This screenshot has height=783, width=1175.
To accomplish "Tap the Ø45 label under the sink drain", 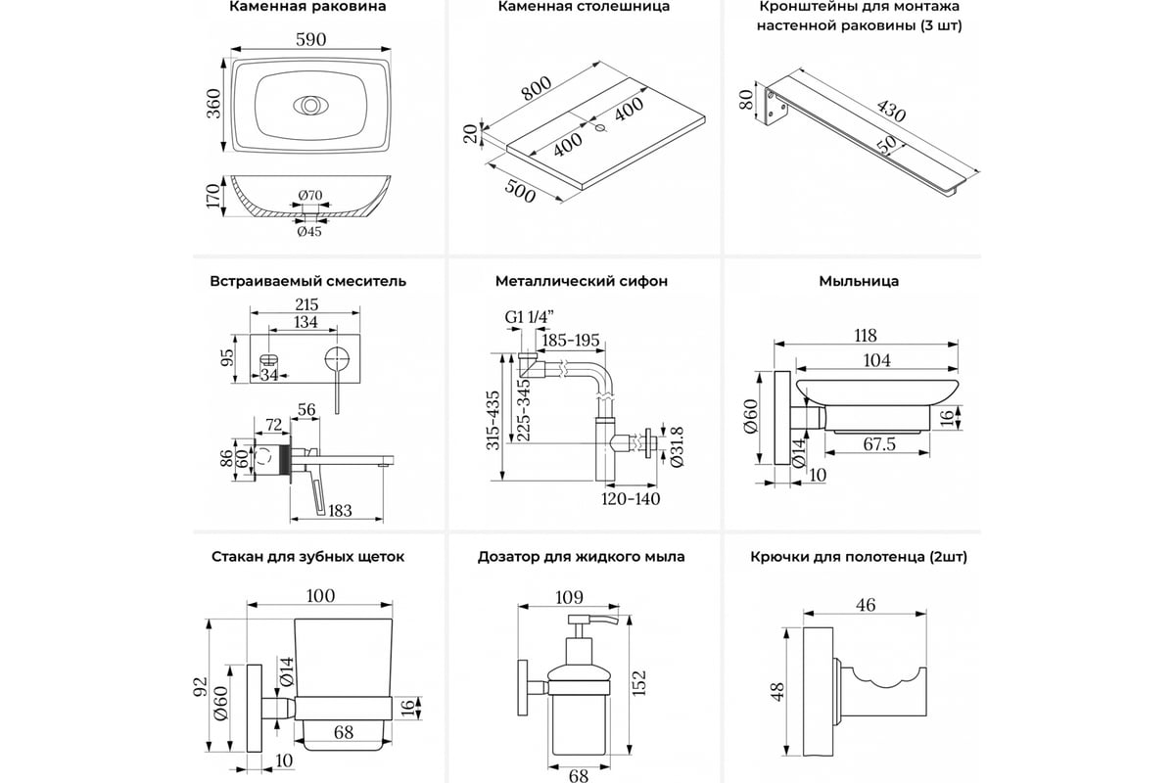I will pos(309,231).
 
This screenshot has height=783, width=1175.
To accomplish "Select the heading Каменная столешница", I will pos(584,7).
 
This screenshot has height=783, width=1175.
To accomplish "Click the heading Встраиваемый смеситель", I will pos(307,281).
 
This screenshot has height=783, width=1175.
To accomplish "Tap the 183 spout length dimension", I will pos(340,511).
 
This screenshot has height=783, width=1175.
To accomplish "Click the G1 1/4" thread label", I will pos(530,317).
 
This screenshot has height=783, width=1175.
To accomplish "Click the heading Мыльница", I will pos(859,281).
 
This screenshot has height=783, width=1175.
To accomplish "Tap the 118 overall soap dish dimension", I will pos(865,335).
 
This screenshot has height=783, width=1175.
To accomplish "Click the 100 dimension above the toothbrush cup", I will pos(320,596).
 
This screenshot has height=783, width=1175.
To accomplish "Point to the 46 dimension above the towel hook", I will pos(866,606).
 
